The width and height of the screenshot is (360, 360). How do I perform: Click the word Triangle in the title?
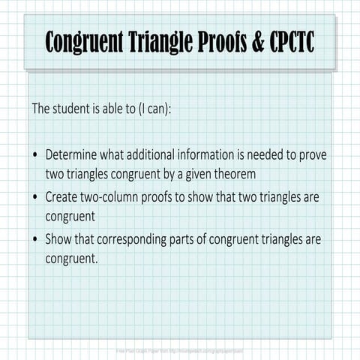pos(160,43)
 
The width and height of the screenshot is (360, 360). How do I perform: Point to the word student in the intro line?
pos(76,108)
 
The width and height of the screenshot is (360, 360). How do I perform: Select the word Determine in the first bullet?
pos(72,156)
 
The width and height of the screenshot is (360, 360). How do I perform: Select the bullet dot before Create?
pos(35,199)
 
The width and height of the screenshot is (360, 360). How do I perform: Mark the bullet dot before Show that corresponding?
pos(35,241)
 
